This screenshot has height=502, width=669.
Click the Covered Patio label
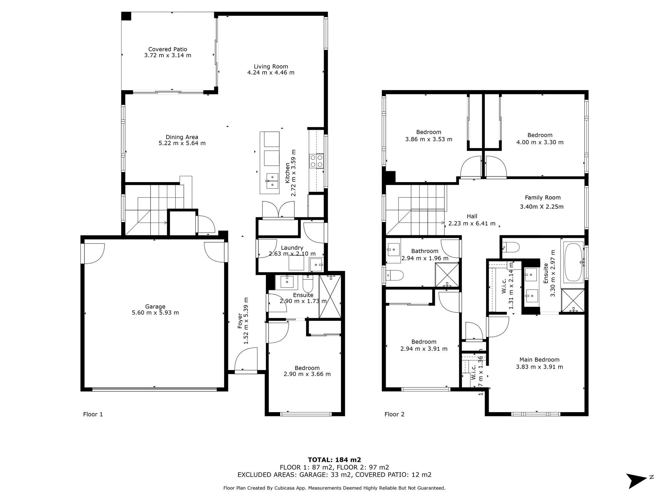(x=168, y=49)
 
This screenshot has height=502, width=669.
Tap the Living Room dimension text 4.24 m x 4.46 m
(x=271, y=73)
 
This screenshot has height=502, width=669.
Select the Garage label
(x=155, y=307)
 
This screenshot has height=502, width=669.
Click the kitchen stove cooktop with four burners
(x=316, y=161)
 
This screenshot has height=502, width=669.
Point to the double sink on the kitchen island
(x=272, y=181)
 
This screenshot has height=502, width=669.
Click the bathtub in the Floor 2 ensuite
(x=574, y=261)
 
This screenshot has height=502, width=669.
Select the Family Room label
(x=543, y=197)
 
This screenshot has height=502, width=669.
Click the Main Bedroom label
(x=539, y=360)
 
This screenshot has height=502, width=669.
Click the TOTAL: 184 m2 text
(x=334, y=460)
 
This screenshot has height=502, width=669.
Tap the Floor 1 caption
(x=93, y=414)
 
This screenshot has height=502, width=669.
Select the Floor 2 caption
(x=394, y=414)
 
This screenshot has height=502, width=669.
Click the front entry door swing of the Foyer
(x=247, y=360)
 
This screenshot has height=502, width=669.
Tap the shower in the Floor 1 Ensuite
(x=330, y=297)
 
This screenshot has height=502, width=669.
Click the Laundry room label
(x=292, y=248)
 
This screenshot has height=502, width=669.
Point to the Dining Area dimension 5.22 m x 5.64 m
(x=182, y=143)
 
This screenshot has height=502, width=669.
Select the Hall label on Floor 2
(x=472, y=216)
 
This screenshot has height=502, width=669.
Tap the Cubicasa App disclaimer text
(x=334, y=488)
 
